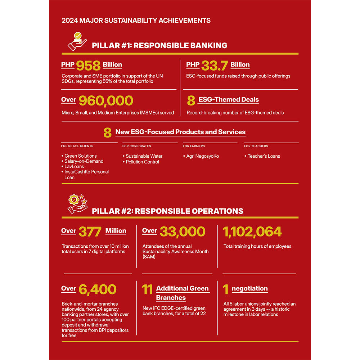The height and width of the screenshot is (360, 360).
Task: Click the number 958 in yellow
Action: (x=89, y=65)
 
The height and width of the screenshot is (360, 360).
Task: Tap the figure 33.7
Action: (x=215, y=65)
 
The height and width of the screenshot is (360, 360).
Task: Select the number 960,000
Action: (x=105, y=101)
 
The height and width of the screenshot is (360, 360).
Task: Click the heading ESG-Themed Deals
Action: (x=228, y=100)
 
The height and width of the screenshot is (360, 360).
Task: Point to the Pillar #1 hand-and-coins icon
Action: (x=77, y=41)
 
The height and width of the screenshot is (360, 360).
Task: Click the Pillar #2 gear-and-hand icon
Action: (x=77, y=203)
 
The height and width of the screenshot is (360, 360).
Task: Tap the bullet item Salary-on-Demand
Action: (x=84, y=161)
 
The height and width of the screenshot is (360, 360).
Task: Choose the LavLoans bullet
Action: (x=74, y=167)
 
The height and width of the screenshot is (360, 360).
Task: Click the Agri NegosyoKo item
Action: (x=202, y=156)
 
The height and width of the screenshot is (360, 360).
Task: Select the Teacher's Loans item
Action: (x=264, y=156)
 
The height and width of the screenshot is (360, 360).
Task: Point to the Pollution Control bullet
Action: (x=142, y=162)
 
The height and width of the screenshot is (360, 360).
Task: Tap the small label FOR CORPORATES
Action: (x=136, y=146)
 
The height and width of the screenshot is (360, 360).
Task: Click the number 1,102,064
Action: (x=252, y=232)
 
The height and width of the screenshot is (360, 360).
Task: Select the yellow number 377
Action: (x=90, y=232)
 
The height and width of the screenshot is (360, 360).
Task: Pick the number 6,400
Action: (x=98, y=289)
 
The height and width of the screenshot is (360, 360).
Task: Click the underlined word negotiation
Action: (x=249, y=289)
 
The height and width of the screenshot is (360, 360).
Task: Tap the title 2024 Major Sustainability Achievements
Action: (x=136, y=21)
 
